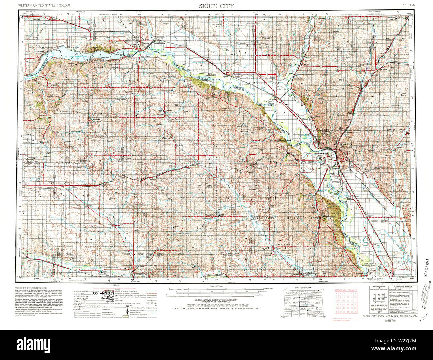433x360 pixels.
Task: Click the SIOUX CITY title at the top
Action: (216, 6)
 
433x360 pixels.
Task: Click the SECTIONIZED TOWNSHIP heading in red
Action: (346, 290)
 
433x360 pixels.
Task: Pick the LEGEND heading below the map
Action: (115, 285)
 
